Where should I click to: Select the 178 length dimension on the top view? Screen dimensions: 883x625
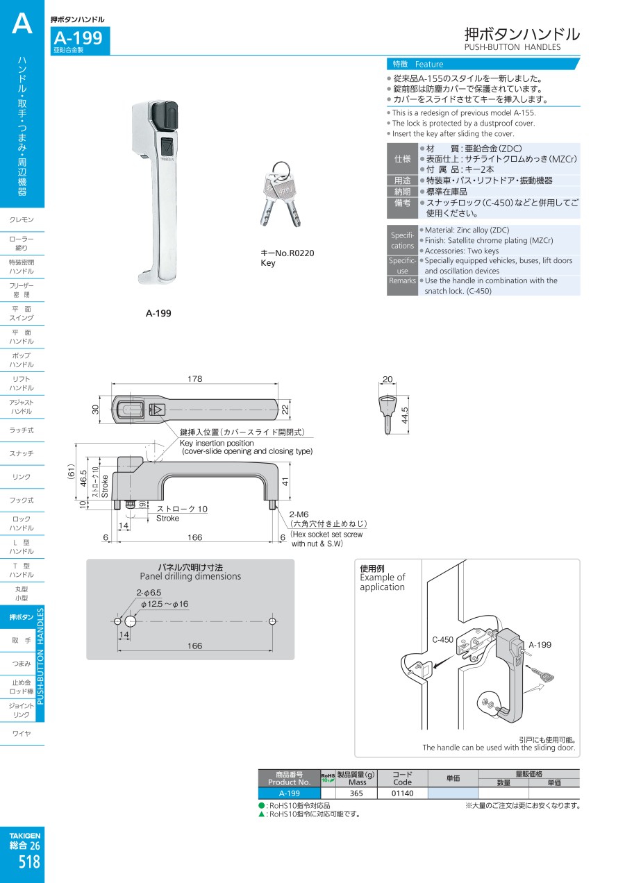click(x=195, y=378)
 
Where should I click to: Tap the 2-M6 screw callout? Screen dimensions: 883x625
click(x=299, y=514)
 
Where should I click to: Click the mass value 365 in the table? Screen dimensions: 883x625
click(x=356, y=793)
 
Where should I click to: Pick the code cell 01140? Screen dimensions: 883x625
click(x=402, y=793)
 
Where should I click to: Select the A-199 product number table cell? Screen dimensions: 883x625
click(x=289, y=793)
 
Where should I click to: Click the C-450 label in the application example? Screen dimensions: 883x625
click(x=443, y=639)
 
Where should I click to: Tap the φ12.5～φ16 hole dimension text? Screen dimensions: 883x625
click(x=164, y=604)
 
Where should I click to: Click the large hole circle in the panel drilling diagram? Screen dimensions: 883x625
click(x=131, y=621)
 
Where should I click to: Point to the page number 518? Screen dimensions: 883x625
click(x=29, y=862)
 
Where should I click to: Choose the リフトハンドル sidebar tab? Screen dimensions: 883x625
click(x=22, y=383)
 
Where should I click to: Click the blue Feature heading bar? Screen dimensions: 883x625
click(x=483, y=64)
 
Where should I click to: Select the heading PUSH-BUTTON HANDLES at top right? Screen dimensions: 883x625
click(x=512, y=47)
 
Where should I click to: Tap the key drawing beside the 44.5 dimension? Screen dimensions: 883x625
click(x=387, y=413)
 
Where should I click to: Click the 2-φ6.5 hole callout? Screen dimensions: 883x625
click(x=149, y=592)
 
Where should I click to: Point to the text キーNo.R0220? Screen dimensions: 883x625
click(x=287, y=253)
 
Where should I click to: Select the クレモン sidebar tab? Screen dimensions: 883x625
click(x=22, y=219)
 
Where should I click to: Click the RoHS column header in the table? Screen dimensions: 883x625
click(x=328, y=777)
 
